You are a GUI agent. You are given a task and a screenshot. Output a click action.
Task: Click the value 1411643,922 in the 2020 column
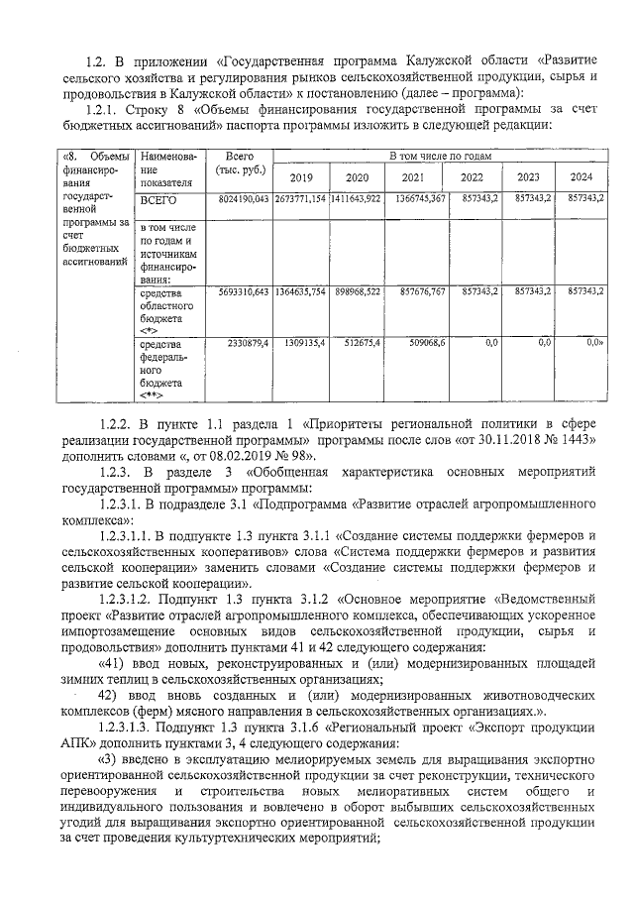(356, 199)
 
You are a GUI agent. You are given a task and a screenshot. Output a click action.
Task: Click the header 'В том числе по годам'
(440, 156)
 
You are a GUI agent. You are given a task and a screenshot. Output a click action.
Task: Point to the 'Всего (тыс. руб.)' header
(239, 163)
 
